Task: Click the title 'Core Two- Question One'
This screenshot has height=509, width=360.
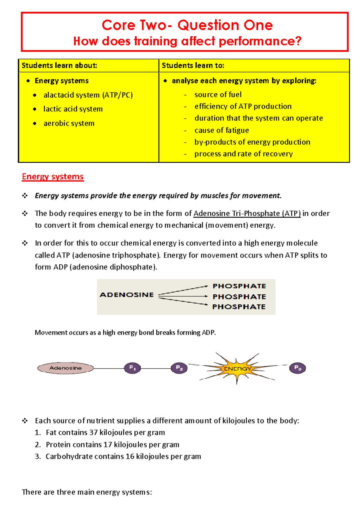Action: click(x=187, y=25)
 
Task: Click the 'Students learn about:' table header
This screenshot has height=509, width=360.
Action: click(x=59, y=65)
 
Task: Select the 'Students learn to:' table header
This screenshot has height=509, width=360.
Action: click(x=193, y=65)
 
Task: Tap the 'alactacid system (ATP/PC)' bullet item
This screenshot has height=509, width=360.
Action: click(x=88, y=95)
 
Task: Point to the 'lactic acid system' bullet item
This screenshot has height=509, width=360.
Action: click(x=73, y=109)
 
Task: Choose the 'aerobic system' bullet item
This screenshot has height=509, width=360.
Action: click(x=69, y=123)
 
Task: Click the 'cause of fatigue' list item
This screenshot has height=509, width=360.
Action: click(x=221, y=130)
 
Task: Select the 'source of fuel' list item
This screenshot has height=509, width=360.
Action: click(x=218, y=95)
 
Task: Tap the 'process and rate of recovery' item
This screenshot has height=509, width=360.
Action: click(x=243, y=154)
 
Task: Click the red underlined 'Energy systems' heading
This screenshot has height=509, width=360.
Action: click(x=53, y=176)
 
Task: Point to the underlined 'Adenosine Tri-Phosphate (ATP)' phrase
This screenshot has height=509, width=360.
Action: click(x=247, y=213)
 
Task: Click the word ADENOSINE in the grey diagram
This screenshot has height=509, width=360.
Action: click(x=127, y=295)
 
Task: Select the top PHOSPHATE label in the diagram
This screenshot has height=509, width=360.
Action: click(x=239, y=286)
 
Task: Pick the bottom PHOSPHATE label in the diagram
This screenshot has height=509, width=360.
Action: click(x=239, y=307)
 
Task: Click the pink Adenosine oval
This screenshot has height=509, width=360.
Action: click(x=65, y=368)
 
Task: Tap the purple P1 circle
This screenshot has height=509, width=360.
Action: click(x=132, y=368)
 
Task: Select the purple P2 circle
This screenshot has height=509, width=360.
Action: click(x=179, y=368)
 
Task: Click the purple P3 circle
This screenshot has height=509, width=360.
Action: click(x=297, y=368)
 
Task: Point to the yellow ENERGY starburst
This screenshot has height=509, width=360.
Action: click(x=237, y=369)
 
